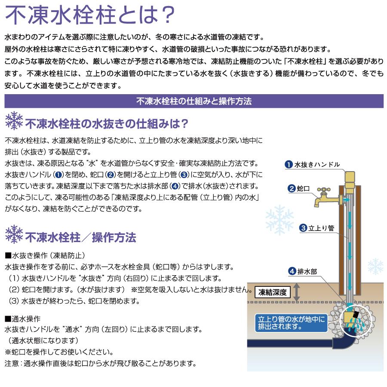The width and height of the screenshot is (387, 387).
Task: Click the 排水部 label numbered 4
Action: coord(305,271)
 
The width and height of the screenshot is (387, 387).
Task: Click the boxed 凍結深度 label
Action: coord(273,293)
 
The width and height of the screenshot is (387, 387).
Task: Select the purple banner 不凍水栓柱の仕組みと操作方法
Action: coord(193,102)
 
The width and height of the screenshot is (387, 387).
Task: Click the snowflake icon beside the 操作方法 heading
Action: coord(14,234)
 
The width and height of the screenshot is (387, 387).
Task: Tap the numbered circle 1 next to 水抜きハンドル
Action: coord(289,165)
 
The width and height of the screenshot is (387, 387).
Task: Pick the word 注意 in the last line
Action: coord(12,363)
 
